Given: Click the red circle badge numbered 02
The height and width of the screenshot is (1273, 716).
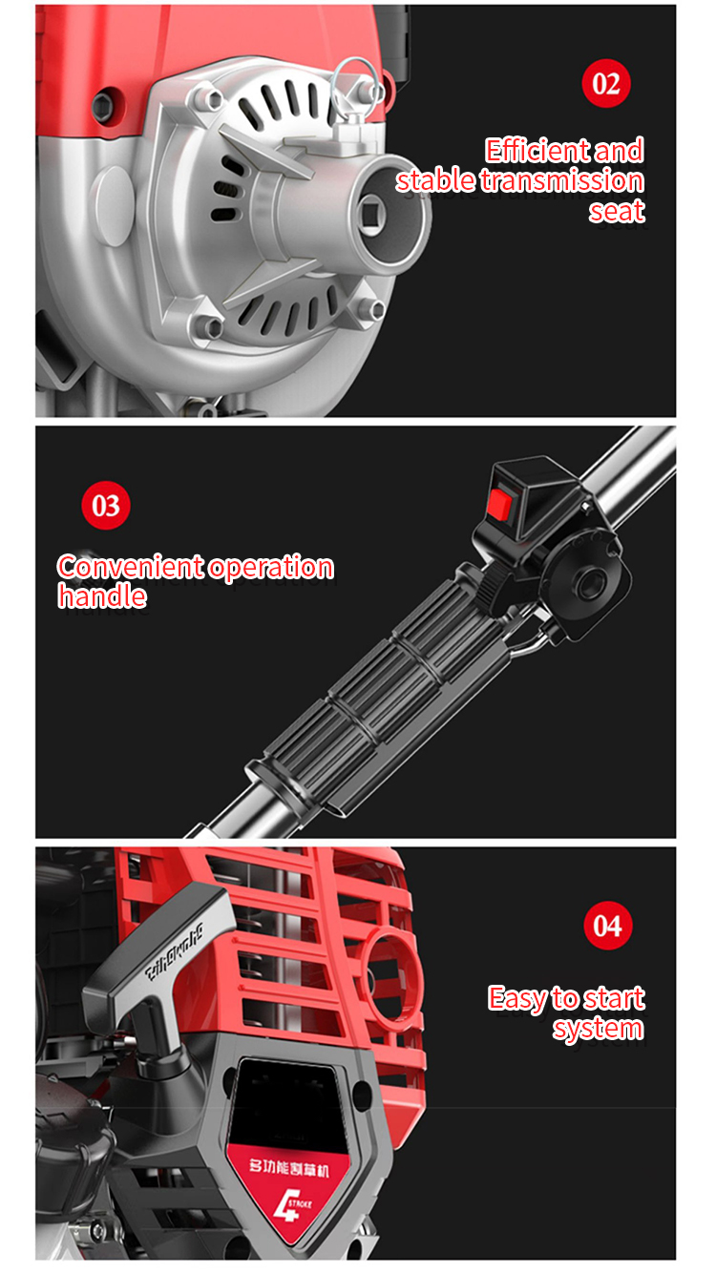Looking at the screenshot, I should (x=607, y=84).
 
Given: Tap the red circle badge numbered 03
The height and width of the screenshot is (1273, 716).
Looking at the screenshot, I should (x=105, y=505).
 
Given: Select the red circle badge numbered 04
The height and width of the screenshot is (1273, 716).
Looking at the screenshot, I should (x=607, y=927).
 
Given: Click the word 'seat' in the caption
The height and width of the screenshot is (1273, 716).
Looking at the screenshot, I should (x=617, y=210).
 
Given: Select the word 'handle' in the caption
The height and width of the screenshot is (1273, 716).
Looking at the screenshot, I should (x=102, y=596).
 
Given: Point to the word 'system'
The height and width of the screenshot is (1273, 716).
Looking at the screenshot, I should (x=598, y=1028).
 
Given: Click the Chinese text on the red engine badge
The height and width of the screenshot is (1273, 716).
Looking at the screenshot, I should (x=288, y=1167).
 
